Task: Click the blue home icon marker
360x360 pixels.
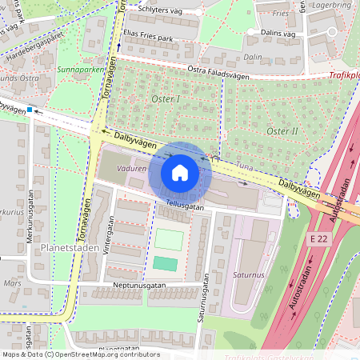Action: click(180, 173)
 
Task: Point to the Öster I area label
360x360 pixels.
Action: click(166, 98)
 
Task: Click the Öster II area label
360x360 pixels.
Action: click(282, 130)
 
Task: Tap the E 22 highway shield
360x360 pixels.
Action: click(318, 238)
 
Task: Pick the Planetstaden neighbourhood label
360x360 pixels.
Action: click(69, 249)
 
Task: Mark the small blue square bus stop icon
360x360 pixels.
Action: click(30, 110)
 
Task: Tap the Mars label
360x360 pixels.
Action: click(12, 282)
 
